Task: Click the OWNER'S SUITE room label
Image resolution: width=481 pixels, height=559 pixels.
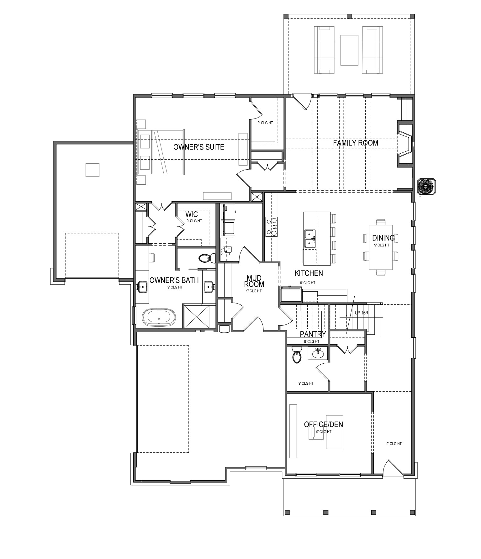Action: tap(199, 147)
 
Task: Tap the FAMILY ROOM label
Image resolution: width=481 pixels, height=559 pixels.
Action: tap(356, 143)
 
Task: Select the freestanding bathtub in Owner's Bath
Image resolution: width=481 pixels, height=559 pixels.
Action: tap(159, 318)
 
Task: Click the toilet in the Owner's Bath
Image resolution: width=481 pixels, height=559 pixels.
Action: tap(207, 258)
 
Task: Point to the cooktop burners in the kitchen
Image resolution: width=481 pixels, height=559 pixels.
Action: tap(272, 226)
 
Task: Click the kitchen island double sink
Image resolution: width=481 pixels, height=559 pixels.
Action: tap(309, 238)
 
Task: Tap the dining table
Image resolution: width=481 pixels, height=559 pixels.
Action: tap(381, 247)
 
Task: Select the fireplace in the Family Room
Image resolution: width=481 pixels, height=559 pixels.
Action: tap(405, 144)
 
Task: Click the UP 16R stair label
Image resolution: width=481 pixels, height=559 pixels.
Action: tap(362, 313)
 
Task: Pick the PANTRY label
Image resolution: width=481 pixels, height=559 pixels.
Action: tap(313, 334)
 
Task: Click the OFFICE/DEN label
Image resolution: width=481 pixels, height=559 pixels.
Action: tap(324, 425)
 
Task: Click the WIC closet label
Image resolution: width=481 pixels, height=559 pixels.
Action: tap(192, 214)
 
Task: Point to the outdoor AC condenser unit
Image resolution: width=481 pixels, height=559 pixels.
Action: tap(426, 187)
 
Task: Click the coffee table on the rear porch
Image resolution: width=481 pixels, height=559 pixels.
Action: tap(349, 50)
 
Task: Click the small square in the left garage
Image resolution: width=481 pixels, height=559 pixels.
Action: tap(92, 170)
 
